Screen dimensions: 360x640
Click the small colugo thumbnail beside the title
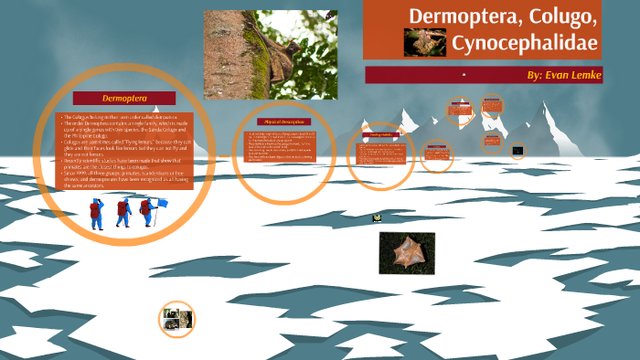coord(424,42)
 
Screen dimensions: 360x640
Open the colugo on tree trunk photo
coord(270,55)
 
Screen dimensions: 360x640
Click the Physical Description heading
coord(283,122)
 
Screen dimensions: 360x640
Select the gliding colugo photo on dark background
coord(407,252)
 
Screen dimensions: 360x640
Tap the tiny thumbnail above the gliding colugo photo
coord(377,218)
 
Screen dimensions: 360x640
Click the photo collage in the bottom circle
coord(176,320)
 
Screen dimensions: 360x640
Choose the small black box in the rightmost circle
coord(517,150)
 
